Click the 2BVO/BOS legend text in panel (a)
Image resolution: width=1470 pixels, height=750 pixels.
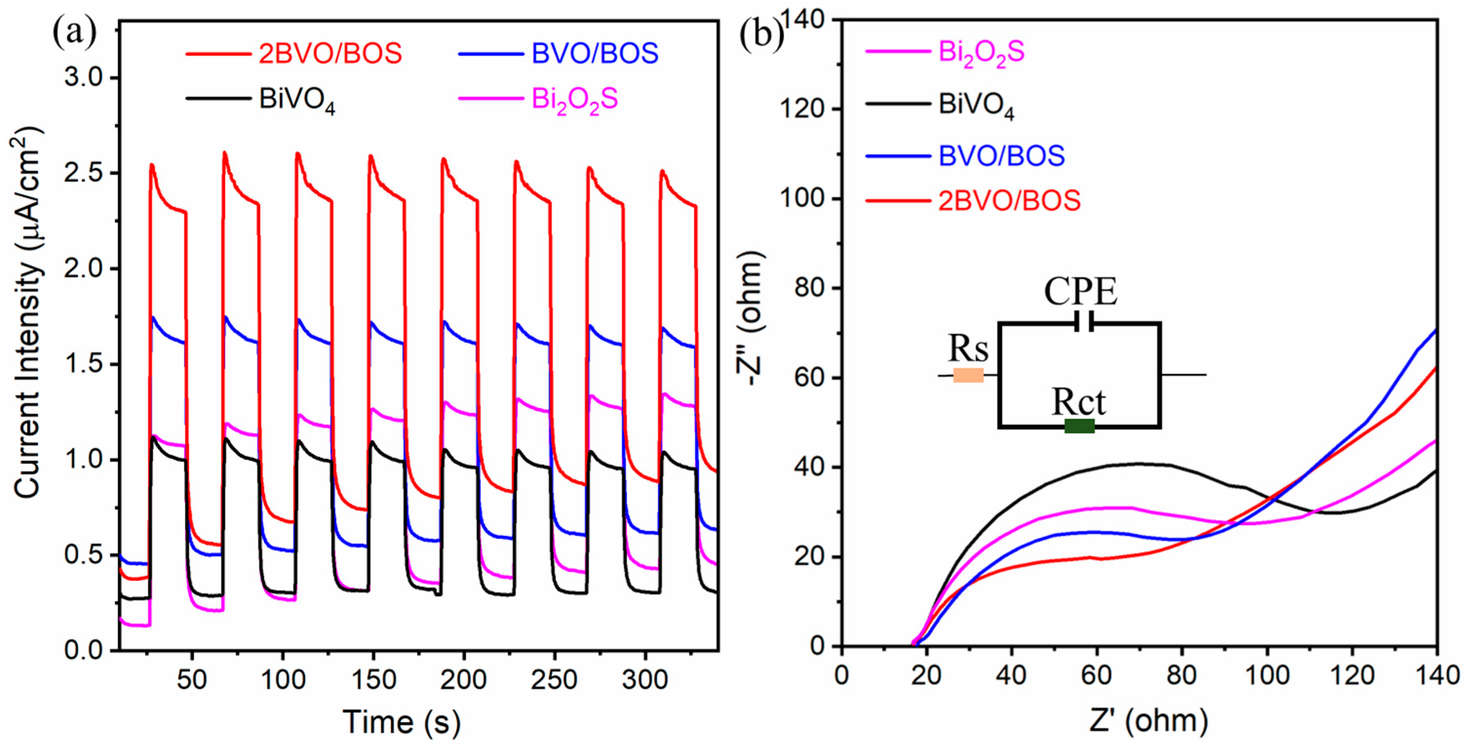tap(330, 53)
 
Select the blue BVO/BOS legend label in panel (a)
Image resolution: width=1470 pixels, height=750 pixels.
tap(595, 53)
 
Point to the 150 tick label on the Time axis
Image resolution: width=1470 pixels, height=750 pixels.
tap(373, 679)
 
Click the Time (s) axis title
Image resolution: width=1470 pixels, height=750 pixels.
tap(401, 721)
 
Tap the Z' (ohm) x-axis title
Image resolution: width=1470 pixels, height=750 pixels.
tap(1149, 721)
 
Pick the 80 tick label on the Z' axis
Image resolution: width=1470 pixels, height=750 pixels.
tap(1181, 675)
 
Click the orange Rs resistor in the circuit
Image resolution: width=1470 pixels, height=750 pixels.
tap(968, 375)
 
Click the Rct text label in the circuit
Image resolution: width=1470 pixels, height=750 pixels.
tap(1078, 402)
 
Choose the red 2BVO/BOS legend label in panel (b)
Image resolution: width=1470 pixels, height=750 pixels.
tap(1009, 201)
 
